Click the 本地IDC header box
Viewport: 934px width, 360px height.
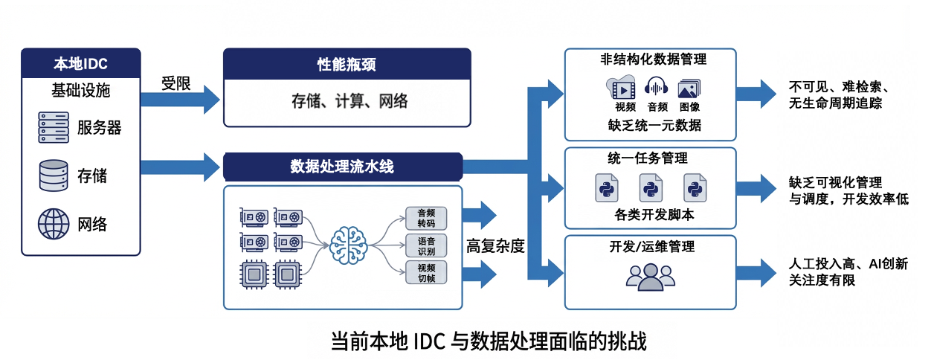tap(80, 63)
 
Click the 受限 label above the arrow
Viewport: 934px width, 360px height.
tap(176, 83)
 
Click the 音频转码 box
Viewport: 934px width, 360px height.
tap(426, 217)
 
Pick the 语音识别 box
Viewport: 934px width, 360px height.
tap(426, 245)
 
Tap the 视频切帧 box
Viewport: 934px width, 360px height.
tap(426, 272)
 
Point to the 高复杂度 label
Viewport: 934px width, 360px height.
tap(495, 246)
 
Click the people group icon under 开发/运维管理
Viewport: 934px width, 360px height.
tap(650, 276)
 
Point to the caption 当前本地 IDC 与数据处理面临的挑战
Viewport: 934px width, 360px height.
tap(489, 341)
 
